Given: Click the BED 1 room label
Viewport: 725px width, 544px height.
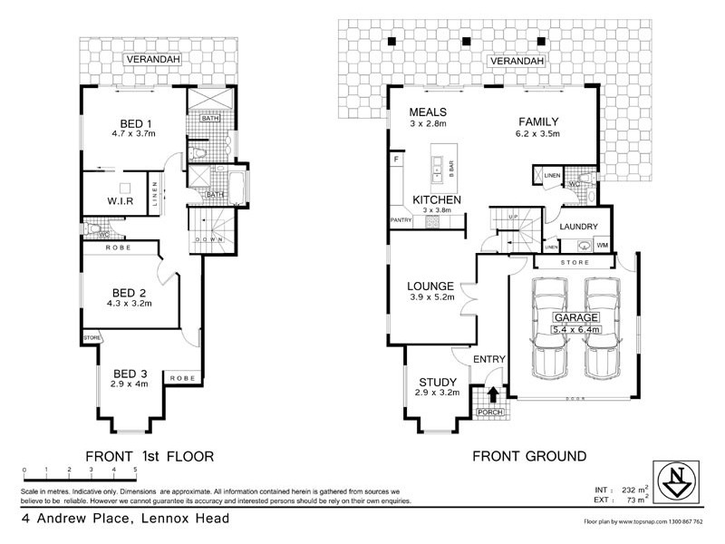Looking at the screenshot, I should pos(139,124).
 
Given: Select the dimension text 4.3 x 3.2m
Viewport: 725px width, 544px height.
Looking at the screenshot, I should pos(130,304).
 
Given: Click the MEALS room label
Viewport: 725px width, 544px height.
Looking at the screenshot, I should pos(429,112).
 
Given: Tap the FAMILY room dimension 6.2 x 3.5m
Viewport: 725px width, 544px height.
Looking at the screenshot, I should pos(538,134).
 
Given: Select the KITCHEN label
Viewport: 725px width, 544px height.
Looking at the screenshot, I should pos(437,199).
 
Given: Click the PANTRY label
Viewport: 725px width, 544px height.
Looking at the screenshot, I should pos(401,219).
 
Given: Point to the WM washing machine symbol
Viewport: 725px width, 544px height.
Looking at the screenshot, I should pos(601,245).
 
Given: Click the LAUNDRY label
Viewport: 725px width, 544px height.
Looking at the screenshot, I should pos(578,226).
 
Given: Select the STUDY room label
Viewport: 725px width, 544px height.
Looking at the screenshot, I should pos(437,382).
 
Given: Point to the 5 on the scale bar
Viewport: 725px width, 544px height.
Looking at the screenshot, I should pos(136,469).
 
